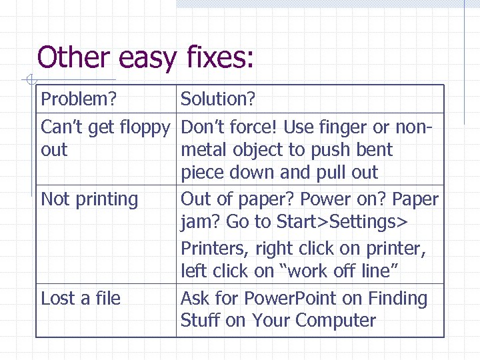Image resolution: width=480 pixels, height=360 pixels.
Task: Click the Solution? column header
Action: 218,99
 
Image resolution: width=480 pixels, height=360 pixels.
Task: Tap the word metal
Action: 203,150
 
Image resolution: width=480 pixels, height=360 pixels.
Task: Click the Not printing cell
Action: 89,199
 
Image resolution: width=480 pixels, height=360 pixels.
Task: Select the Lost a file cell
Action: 81,299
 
